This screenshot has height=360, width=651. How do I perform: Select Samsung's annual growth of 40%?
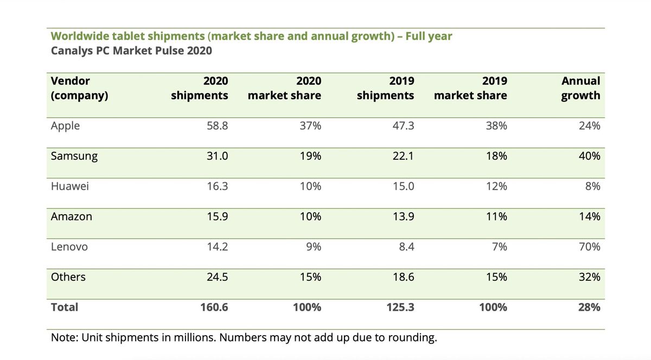(x=589, y=156)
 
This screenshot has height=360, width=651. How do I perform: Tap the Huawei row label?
(x=69, y=187)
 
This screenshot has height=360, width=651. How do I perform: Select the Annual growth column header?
(x=580, y=88)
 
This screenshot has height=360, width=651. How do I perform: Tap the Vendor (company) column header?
(x=79, y=88)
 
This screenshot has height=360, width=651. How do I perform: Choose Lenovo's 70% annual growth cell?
(x=589, y=247)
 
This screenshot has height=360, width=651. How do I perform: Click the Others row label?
(x=68, y=277)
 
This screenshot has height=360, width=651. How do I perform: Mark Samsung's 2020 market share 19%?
(x=310, y=156)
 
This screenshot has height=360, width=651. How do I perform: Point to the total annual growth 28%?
(x=589, y=307)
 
